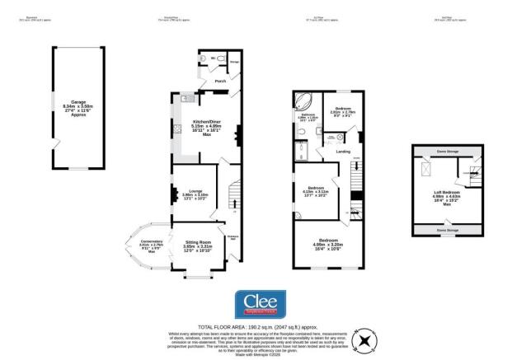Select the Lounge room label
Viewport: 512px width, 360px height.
pos(195,194)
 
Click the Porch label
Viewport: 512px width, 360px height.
pos(220,82)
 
